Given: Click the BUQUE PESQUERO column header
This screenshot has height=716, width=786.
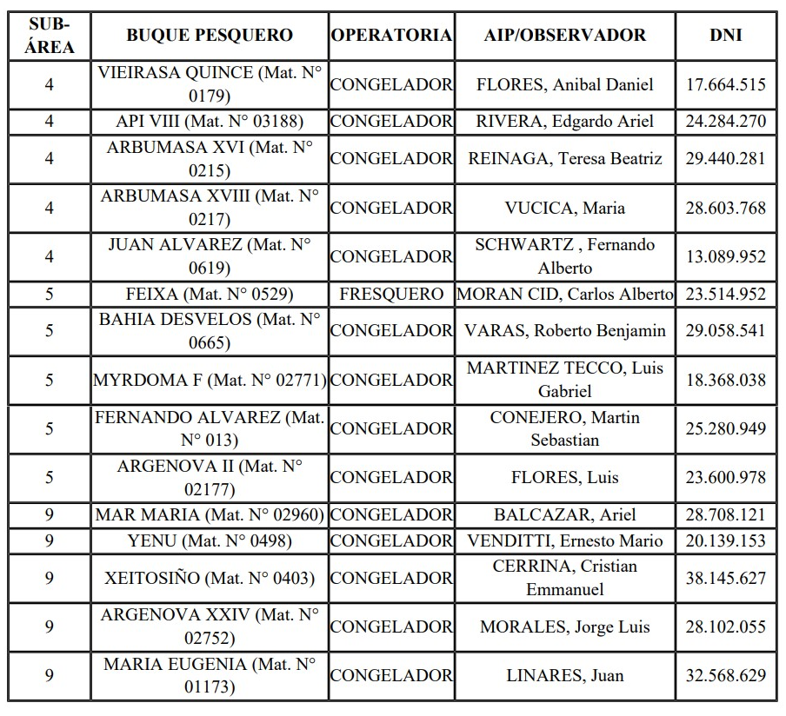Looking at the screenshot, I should [x=210, y=36].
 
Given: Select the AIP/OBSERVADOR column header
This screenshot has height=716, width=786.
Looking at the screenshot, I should [x=565, y=36].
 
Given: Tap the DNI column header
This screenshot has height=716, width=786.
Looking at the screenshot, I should [x=725, y=36].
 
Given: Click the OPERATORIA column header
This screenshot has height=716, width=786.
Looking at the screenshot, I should [x=391, y=36].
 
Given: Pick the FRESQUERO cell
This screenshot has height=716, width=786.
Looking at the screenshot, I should [x=391, y=294].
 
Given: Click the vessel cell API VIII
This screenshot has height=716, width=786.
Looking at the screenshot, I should [x=210, y=121].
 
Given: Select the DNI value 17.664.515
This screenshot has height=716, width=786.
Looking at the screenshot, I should [x=725, y=84].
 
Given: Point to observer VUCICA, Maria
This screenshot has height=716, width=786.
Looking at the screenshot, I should [x=565, y=208].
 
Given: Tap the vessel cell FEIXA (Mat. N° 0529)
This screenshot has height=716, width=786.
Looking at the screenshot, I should [x=210, y=294].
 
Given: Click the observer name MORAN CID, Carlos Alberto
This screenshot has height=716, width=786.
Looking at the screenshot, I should [x=565, y=294].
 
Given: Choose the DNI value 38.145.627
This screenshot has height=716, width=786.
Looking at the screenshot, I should [x=725, y=578].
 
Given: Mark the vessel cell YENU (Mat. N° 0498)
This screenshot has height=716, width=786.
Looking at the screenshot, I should [x=210, y=540].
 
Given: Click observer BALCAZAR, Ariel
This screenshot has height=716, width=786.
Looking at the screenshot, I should [x=565, y=514].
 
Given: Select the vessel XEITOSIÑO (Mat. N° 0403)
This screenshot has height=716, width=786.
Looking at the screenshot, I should [x=210, y=578].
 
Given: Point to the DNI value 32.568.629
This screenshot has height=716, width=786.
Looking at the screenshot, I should [x=725, y=675].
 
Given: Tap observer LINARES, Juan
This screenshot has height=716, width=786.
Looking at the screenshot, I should [x=565, y=675].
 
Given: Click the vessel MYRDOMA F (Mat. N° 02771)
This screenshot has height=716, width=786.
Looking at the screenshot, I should [x=210, y=380].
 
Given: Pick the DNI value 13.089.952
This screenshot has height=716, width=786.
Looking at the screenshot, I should [x=725, y=256].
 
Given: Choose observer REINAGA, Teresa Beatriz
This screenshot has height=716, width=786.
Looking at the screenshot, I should [x=565, y=158].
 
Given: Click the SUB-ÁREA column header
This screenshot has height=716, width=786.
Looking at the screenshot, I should [x=49, y=36].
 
